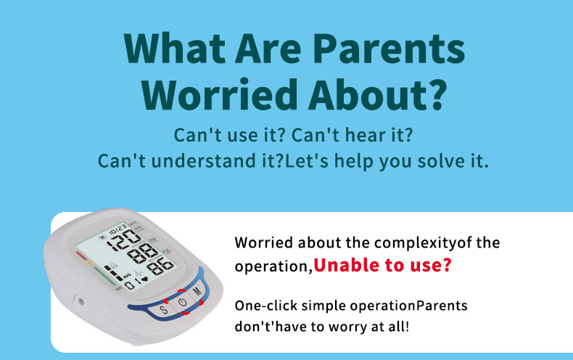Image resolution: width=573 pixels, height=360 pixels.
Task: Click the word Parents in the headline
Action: pyautogui.click(x=389, y=49)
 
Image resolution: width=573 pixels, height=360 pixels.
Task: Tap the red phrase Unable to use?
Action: pyautogui.click(x=383, y=265)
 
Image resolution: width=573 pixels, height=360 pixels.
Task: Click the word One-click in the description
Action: pyautogui.click(x=266, y=306)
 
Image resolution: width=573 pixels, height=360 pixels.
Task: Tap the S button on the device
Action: pyautogui.click(x=164, y=309)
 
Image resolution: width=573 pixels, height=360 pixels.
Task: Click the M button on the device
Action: pyautogui.click(x=197, y=291)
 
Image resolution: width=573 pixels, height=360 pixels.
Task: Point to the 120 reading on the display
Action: pyautogui.click(x=126, y=240)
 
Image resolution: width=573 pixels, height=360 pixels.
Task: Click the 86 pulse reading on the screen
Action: pyautogui.click(x=160, y=266)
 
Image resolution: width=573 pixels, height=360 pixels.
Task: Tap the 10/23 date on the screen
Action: pyautogui.click(x=118, y=230)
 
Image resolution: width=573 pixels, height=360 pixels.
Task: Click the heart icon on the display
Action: pyautogui.click(x=145, y=279)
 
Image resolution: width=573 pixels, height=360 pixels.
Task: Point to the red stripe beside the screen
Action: pyautogui.click(x=81, y=255)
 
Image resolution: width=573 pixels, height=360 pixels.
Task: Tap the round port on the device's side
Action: pyautogui.click(x=81, y=302)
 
